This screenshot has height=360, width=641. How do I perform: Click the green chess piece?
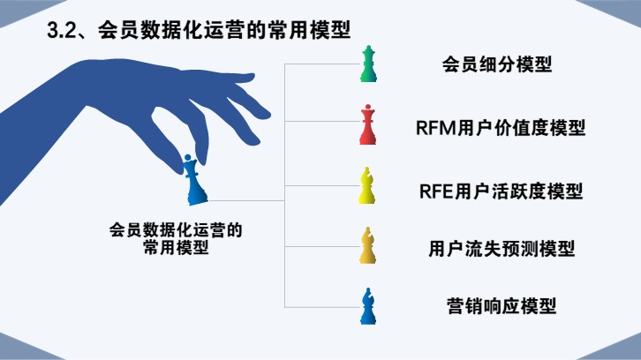[368, 66]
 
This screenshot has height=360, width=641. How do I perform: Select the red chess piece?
[368, 125]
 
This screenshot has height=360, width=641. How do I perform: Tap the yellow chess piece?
[368, 187]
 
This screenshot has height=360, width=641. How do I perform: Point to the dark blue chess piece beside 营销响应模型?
[368, 306]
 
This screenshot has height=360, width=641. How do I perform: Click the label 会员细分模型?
[497, 65]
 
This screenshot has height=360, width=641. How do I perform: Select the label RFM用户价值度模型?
[501, 127]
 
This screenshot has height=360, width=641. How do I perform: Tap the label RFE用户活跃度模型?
[499, 189]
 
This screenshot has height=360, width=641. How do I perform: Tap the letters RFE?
[435, 189]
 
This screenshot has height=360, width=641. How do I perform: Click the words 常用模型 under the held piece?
[175, 248]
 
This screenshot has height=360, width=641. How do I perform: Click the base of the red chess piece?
[368, 140]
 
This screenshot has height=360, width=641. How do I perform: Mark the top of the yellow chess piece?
[368, 172]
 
